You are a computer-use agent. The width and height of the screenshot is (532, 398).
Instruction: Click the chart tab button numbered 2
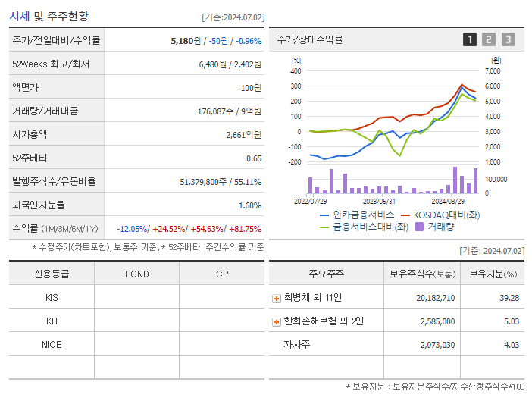[489, 39]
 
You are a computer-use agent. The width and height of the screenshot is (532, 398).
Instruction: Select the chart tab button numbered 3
[508, 39]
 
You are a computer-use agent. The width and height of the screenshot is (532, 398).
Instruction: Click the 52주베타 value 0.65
[254, 158]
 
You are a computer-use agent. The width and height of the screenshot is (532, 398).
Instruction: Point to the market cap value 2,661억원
[243, 135]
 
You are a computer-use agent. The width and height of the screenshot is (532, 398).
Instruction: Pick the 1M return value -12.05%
[133, 229]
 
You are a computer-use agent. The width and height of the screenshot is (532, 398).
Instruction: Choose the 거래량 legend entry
[440, 226]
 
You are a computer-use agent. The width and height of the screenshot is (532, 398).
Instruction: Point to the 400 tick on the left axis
[296, 71]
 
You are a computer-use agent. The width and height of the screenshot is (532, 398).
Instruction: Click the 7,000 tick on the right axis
[493, 71]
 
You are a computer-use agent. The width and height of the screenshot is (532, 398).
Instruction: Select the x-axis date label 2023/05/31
[379, 201]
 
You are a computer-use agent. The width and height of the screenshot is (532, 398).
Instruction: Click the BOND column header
[136, 274]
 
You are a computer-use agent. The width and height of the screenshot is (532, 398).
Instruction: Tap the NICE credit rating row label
[52, 344]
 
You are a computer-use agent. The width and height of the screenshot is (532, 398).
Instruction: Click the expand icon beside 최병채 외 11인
[277, 299]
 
